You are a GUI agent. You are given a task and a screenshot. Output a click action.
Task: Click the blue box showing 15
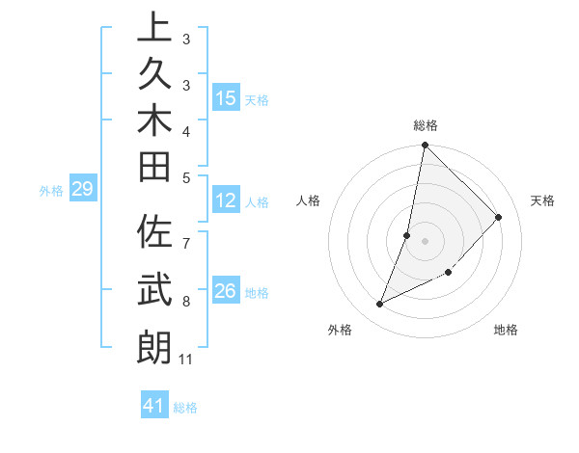coord(226,98)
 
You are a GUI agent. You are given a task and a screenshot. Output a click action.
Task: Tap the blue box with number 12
coord(226,201)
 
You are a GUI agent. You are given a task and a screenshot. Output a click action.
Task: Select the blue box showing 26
coord(226,291)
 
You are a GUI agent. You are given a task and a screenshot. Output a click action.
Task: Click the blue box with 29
coord(82,190)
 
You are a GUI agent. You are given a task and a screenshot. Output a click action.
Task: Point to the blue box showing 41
coord(154,406)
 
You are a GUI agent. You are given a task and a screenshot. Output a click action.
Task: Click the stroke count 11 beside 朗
coord(185,360)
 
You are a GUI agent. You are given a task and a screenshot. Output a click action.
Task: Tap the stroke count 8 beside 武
coord(185,302)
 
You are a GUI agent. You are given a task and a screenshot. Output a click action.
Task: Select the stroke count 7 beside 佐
coord(185,233)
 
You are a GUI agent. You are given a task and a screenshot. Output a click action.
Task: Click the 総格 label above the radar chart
coord(426,125)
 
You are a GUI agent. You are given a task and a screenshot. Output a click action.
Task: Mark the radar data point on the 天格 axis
coord(499,217)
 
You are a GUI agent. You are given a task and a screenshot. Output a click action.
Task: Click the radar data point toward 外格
coord(380,305)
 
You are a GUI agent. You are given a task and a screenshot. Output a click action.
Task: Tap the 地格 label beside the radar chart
coord(506,330)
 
